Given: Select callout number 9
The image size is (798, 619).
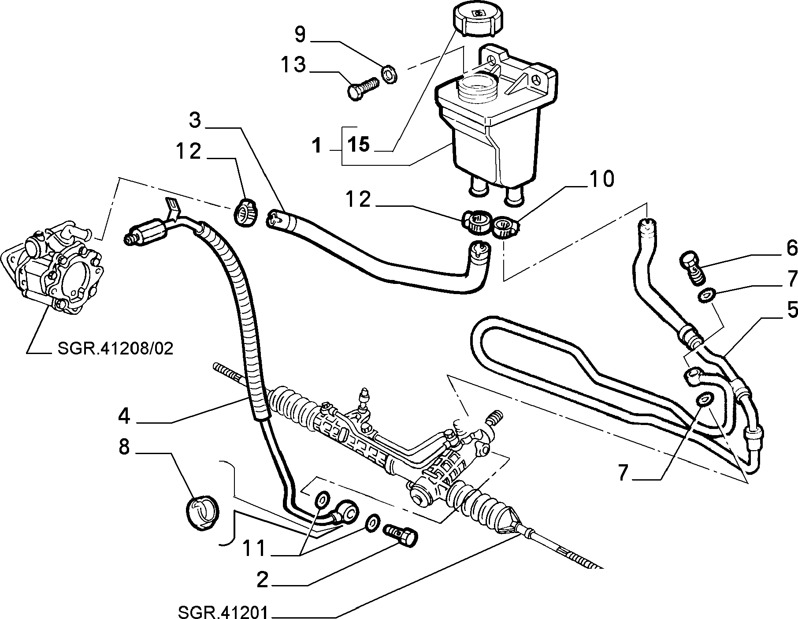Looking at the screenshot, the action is coord(300,35).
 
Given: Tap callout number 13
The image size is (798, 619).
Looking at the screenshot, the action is coord(294,65).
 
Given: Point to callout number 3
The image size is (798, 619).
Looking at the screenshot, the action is coord(195,121).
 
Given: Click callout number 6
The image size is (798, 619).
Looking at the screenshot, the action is coord(791,249).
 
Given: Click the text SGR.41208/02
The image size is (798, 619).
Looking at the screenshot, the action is coord(115,349).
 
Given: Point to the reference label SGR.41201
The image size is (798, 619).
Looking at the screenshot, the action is coord(223,612).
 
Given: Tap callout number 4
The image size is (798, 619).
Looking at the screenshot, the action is coord(124,416).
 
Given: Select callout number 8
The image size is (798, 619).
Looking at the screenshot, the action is coord(124,448).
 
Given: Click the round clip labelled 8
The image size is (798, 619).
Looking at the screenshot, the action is coord(201,511).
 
